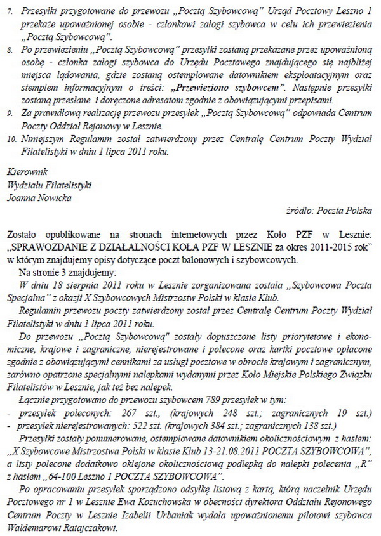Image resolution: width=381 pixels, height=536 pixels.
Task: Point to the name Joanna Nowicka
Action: (x=40, y=197)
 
